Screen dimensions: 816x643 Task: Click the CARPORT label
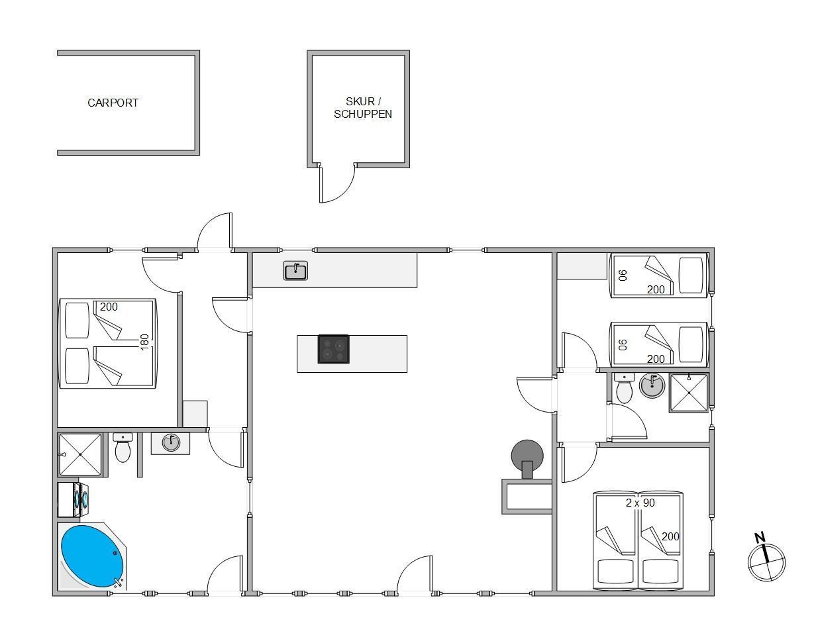pyautogui.click(x=113, y=103)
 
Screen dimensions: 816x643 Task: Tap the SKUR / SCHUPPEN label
pyautogui.click(x=363, y=108)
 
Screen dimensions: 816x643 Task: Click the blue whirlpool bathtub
pyautogui.click(x=93, y=556)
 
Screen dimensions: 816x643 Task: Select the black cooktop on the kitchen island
pyautogui.click(x=333, y=349)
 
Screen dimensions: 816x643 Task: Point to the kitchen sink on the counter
pyautogui.click(x=295, y=271)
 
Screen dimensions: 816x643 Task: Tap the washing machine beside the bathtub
pyautogui.click(x=74, y=500)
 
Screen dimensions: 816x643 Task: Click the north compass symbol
pyautogui.click(x=766, y=563)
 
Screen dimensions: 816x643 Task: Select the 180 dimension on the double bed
pyautogui.click(x=144, y=342)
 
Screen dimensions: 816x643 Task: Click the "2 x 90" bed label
pyautogui.click(x=640, y=503)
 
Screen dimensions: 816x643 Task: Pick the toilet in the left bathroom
pyautogui.click(x=123, y=448)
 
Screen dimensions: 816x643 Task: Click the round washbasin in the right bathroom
pyautogui.click(x=652, y=385)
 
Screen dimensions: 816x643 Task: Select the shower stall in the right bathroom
pyautogui.click(x=689, y=393)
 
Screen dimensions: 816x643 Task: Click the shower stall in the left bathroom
pyautogui.click(x=80, y=454)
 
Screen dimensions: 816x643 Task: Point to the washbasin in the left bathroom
pyautogui.click(x=171, y=442)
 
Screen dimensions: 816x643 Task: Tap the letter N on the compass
pyautogui.click(x=760, y=538)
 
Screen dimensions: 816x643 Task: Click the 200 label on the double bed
pyautogui.click(x=109, y=307)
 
